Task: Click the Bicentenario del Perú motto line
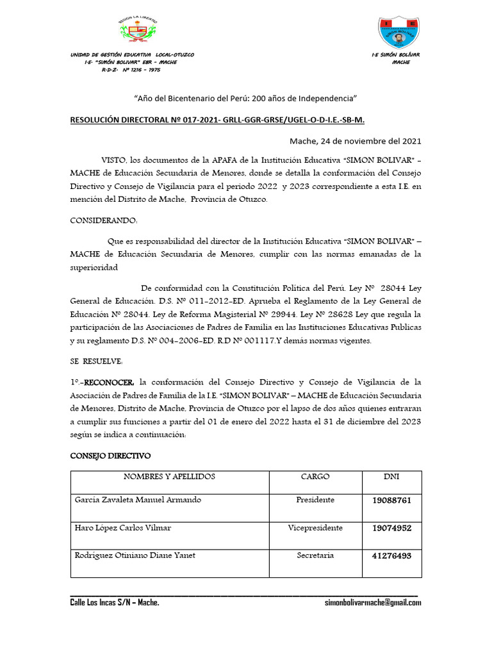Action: (245, 99)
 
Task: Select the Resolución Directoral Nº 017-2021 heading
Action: (217, 120)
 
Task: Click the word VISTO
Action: (113, 159)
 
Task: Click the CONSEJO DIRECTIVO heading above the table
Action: (110, 456)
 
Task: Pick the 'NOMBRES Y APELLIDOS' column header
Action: (169, 477)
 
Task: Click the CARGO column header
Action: (315, 477)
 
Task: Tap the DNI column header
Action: (391, 477)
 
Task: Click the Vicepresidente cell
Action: (315, 528)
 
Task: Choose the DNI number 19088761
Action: (391, 501)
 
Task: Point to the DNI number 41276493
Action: (391, 556)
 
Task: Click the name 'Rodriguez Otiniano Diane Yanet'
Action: (135, 555)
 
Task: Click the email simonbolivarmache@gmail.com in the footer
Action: (373, 603)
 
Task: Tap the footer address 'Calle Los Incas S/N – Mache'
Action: (115, 603)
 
